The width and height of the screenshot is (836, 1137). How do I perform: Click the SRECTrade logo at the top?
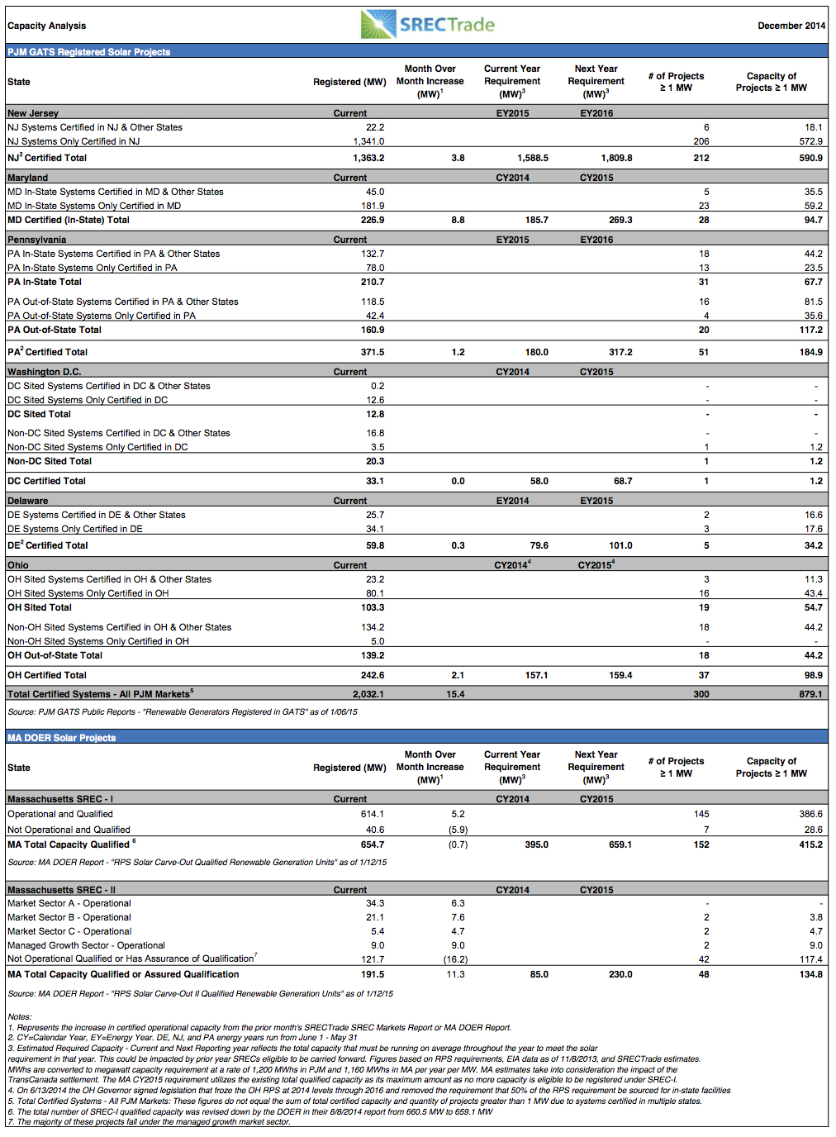[427, 24]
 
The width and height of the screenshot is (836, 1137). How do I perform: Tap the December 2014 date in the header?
[791, 26]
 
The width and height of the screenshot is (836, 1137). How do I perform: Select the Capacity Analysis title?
[47, 26]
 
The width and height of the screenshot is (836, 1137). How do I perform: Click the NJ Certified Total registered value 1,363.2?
[368, 158]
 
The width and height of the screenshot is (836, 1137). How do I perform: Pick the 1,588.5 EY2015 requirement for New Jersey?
[533, 158]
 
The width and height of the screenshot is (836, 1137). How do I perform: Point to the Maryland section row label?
[28, 178]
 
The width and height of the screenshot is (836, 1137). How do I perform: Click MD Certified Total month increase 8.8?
[458, 220]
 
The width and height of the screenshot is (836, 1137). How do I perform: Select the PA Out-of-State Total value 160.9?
[373, 330]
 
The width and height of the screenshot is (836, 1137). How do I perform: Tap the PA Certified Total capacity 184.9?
[810, 352]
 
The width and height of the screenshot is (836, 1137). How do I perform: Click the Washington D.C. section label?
[44, 372]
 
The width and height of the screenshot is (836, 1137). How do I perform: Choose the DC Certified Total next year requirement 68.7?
[623, 481]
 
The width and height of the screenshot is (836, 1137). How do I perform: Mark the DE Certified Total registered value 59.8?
[375, 545]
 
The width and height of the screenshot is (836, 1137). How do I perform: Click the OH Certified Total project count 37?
[704, 675]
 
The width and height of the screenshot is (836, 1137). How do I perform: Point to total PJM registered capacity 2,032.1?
[368, 694]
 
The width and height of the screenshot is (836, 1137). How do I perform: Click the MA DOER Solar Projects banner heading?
[61, 738]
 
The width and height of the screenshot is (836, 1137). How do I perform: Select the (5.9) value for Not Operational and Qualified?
[458, 830]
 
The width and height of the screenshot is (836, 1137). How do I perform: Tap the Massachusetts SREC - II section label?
[61, 890]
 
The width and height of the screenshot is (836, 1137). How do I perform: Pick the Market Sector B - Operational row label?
[69, 917]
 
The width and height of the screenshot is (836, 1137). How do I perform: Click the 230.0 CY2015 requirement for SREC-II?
[620, 974]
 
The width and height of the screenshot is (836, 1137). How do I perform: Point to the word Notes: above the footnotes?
[20, 1016]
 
